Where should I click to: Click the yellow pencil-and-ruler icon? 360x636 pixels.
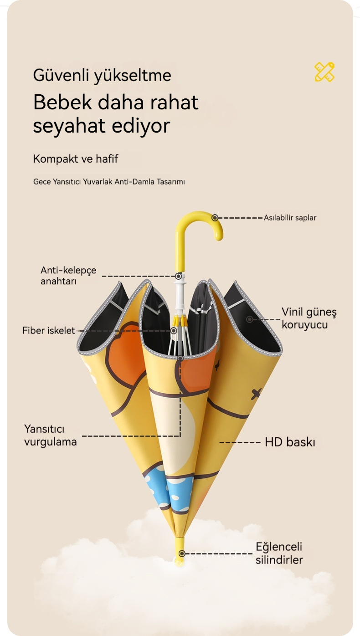pos(324,72)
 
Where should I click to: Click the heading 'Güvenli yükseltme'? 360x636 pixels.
pos(102,75)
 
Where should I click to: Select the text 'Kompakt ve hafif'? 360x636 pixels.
pos(76,159)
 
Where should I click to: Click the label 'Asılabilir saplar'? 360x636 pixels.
pos(290,218)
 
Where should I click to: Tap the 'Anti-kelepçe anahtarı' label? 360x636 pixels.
pos(68,276)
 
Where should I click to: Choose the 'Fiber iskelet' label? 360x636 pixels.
pos(48,330)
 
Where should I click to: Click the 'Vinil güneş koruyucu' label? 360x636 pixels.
pos(309,318)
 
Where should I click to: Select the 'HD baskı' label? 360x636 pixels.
pos(290,442)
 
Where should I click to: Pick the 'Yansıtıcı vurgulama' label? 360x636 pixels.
pos(50,435)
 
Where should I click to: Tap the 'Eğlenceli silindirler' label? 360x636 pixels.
pos(279,553)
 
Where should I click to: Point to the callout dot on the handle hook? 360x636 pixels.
pos(215,218)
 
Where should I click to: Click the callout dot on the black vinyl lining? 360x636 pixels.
pos(249,319)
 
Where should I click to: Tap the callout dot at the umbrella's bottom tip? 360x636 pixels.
pos(182,554)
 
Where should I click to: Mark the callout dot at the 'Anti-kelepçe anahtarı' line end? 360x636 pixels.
pos(179,276)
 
